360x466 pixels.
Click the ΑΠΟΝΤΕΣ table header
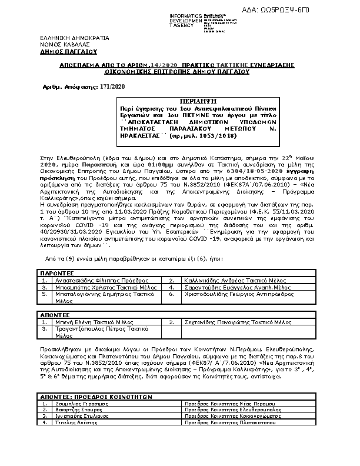55,315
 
